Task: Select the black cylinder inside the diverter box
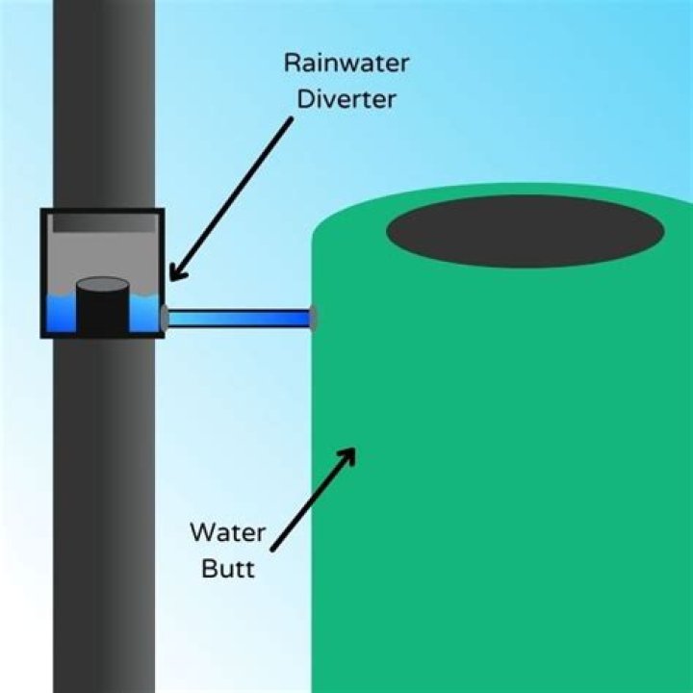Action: pos(102,306)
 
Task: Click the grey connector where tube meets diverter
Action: pos(165,317)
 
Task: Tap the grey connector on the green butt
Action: pos(314,317)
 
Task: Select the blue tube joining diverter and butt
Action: pos(239,317)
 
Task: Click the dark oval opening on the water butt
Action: pos(525,231)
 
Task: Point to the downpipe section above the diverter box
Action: pos(104,96)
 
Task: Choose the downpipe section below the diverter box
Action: pos(104,510)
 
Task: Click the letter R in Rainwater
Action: pos(292,64)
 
